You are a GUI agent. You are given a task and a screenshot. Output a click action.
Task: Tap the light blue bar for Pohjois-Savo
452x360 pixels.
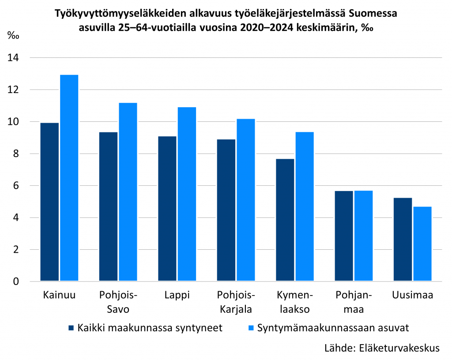tap(128, 191)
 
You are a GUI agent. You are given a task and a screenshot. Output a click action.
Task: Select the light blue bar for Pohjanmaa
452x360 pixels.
tap(364, 236)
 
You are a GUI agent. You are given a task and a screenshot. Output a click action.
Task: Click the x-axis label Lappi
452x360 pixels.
tap(177, 295)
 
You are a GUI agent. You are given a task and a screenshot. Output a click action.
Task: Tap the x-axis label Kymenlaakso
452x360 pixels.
tap(294, 302)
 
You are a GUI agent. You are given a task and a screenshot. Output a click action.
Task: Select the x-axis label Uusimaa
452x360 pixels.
tap(412, 295)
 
